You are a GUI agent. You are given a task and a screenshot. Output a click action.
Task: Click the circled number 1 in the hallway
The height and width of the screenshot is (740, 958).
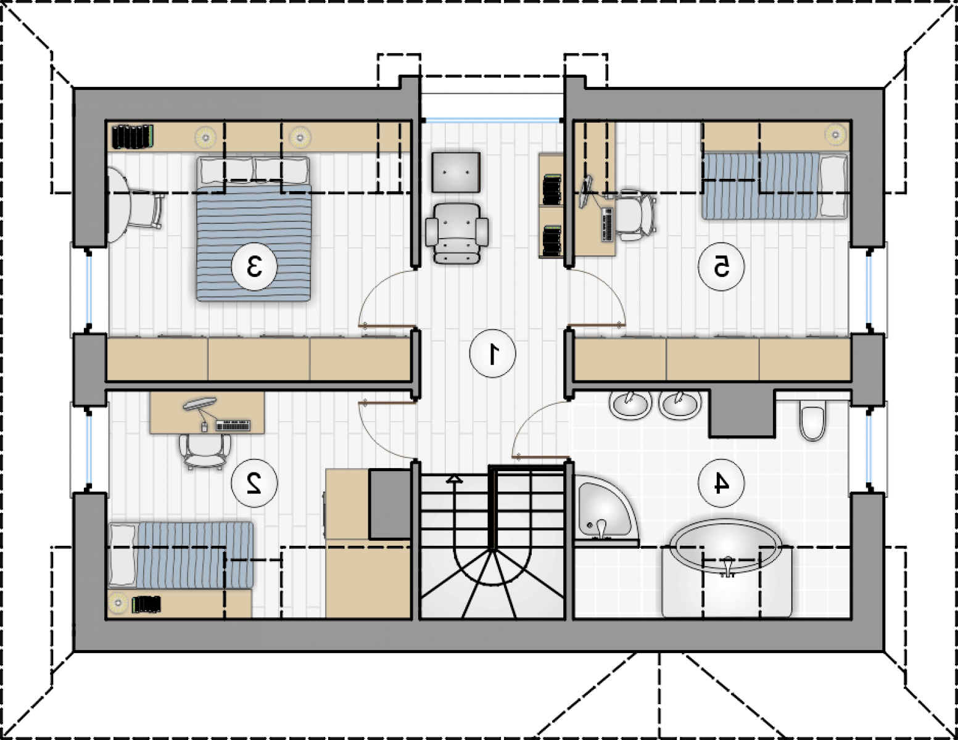[492, 355]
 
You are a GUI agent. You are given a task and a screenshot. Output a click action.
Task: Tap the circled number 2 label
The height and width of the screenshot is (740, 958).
[254, 484]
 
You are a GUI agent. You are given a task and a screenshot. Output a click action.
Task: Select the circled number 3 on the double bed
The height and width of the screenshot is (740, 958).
[254, 267]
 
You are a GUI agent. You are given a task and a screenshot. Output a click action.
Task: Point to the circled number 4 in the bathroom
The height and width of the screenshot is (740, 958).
[721, 484]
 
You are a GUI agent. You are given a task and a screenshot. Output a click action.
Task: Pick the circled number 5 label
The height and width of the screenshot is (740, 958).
[721, 267]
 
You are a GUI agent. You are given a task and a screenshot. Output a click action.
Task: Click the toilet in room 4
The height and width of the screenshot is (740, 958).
[812, 419]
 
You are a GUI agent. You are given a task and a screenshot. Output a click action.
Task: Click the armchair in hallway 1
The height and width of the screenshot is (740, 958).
[456, 233]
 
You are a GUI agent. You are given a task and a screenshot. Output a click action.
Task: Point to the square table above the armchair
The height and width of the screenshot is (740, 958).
[456, 172]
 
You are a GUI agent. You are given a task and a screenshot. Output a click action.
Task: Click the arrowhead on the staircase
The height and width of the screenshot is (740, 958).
[455, 480]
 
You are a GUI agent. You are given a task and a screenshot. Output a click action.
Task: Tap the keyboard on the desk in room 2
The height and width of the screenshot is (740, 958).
[233, 425]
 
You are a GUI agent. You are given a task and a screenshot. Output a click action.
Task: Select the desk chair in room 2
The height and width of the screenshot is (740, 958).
[205, 451]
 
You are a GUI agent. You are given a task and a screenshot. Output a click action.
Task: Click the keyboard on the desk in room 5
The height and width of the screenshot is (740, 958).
[606, 224]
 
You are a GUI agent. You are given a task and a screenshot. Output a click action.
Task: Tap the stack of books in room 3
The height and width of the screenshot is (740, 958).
[132, 137]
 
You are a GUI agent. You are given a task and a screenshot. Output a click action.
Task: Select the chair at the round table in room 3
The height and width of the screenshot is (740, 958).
[147, 211]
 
